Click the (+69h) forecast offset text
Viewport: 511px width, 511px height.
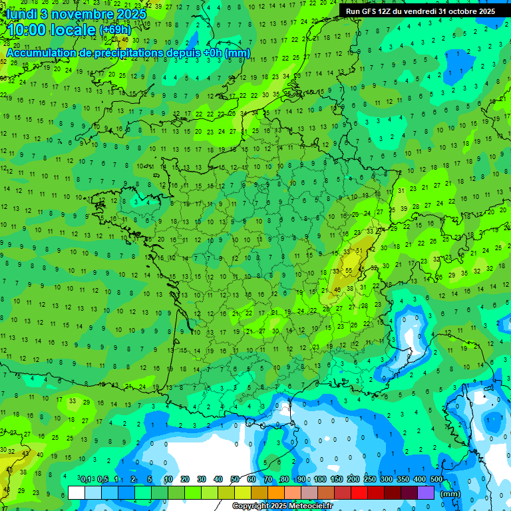[115, 31]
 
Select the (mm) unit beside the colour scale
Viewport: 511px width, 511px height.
[450, 494]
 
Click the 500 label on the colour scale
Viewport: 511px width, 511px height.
[436, 480]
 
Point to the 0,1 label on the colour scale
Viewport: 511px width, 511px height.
[86, 480]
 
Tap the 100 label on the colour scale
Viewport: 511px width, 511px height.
[320, 480]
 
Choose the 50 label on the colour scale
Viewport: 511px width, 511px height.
[235, 480]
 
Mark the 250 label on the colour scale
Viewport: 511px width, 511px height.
[370, 480]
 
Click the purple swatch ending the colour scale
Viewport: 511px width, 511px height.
[426, 493]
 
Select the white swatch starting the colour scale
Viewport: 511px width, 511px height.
[77, 493]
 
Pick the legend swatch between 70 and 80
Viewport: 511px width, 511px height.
[276, 493]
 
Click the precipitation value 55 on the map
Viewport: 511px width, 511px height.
[349, 270]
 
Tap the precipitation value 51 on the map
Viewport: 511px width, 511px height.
[359, 250]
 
